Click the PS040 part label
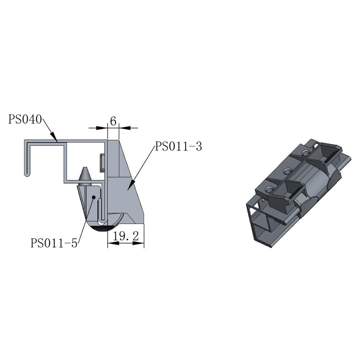[25, 120]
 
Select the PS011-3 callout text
[179, 146]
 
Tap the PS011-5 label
[54, 243]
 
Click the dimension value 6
[113, 121]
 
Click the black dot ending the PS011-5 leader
[94, 197]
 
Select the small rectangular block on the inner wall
[102, 163]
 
